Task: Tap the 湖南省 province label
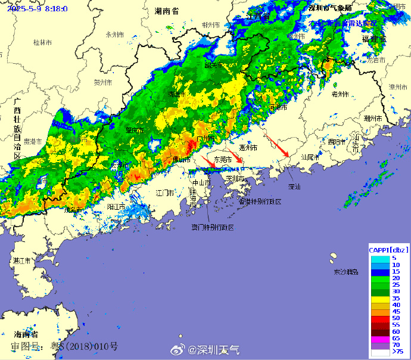click(x=167, y=11)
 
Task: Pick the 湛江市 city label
click(x=23, y=261)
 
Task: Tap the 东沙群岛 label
click(x=346, y=272)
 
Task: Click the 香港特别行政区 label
click(x=259, y=201)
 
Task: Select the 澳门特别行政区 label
click(x=212, y=228)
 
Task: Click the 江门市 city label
click(x=165, y=193)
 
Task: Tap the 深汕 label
click(x=294, y=187)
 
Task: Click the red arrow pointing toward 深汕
click(x=277, y=147)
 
